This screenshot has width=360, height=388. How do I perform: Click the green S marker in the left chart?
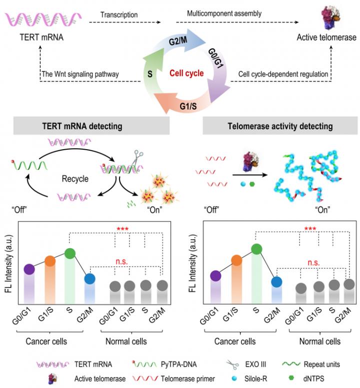click(70, 254)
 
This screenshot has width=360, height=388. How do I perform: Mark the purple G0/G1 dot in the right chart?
click(216, 276)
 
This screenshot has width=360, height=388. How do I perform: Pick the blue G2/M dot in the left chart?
click(90, 278)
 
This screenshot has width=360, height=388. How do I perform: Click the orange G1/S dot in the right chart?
click(236, 260)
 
